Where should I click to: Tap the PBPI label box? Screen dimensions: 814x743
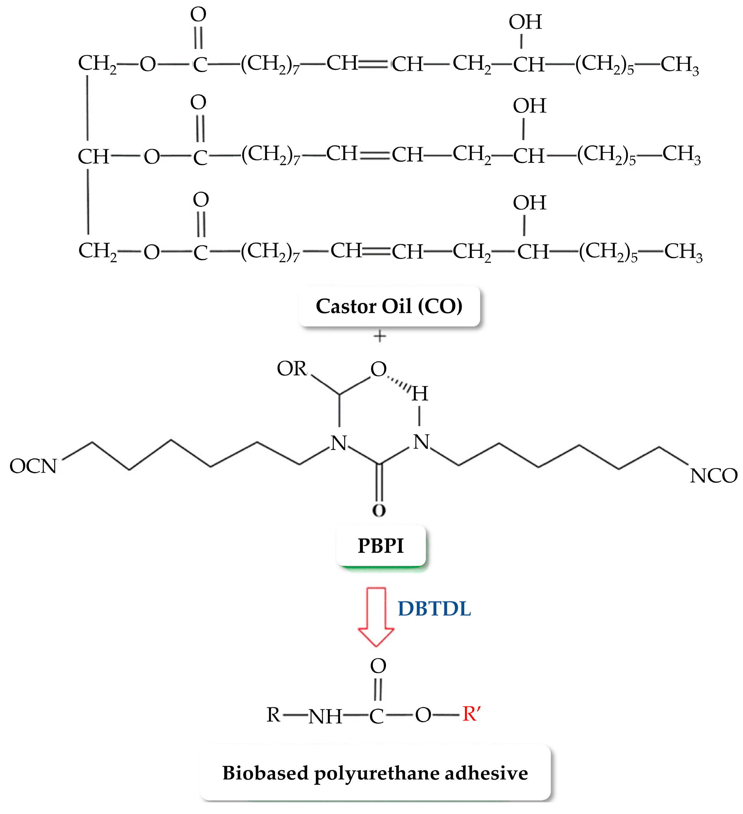click(380, 546)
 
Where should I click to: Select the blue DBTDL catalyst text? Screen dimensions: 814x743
click(434, 609)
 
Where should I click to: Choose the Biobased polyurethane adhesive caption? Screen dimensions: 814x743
click(375, 773)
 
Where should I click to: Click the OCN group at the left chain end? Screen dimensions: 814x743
click(33, 466)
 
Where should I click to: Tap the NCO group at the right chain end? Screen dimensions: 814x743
click(713, 476)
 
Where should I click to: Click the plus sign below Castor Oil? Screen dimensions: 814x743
click(379, 336)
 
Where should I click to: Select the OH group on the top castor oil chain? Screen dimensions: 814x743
click(525, 22)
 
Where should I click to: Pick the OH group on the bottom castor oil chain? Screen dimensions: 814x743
click(530, 203)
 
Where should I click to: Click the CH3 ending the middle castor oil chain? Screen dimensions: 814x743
click(681, 155)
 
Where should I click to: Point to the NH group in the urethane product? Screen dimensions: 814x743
click(325, 717)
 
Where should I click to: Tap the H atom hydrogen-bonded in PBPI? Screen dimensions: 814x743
click(420, 393)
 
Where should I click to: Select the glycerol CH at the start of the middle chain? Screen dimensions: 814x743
click(94, 157)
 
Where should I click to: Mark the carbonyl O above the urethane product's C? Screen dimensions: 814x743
click(378, 666)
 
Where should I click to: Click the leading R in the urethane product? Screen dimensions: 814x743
click(273, 715)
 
